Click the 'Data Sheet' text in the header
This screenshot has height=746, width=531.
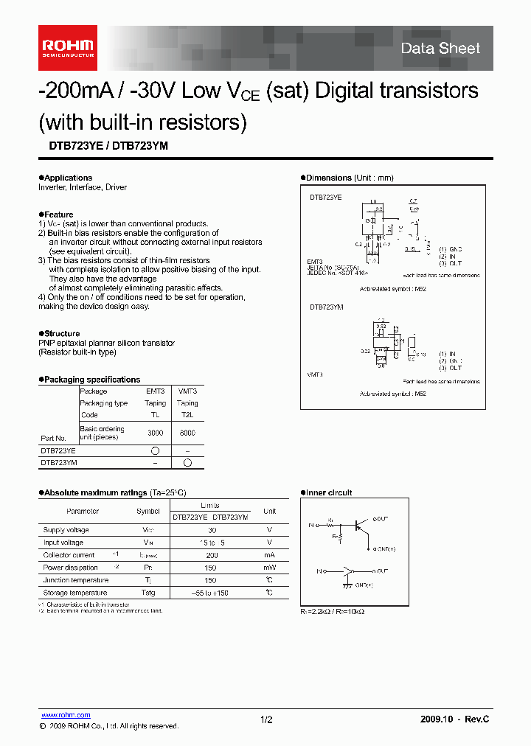point(440,49)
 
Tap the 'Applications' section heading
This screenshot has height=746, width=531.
point(68,178)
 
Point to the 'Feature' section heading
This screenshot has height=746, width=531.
point(58,215)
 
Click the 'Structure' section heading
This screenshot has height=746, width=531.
point(62,333)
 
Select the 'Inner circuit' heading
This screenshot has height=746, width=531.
point(329,492)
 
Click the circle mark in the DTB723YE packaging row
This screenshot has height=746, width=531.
point(156,450)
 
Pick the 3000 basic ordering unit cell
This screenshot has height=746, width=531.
point(156,433)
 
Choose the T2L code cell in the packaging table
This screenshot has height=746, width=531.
point(187,415)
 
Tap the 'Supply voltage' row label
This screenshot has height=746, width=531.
point(66,530)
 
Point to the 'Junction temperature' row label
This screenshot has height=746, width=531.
point(76,580)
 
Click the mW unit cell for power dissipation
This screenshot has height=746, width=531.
point(269,568)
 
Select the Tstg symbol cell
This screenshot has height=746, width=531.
point(147,593)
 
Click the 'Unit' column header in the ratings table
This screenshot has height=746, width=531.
point(269,511)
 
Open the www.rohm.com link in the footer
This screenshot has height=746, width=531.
point(66,715)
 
